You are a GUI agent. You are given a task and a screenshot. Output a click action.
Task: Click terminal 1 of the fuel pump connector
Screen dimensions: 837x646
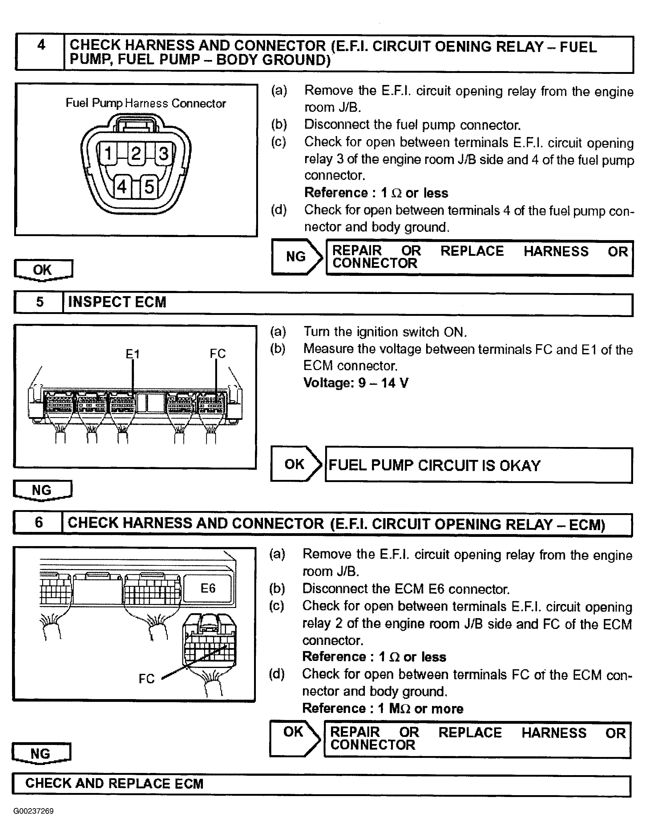[108, 153]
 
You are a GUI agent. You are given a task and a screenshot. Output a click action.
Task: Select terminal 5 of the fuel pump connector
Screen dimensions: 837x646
[149, 187]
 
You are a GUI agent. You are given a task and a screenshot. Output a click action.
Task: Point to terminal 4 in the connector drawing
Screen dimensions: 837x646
[122, 187]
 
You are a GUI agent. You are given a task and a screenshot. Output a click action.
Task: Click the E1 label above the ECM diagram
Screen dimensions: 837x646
[133, 354]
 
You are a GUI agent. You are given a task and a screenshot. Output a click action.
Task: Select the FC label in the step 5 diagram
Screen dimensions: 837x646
[217, 353]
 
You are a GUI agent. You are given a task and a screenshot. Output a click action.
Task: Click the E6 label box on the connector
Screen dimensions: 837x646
[208, 588]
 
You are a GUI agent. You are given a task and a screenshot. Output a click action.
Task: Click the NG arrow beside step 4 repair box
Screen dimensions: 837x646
[296, 256]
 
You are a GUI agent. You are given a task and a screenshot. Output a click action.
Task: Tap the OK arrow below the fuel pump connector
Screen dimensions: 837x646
[42, 270]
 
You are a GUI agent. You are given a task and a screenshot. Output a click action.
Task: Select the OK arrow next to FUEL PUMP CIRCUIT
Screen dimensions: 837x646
[295, 464]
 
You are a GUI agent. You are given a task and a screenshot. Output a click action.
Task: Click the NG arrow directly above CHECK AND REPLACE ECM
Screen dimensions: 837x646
[41, 754]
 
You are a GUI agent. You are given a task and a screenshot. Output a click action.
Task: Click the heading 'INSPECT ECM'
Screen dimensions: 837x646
[117, 302]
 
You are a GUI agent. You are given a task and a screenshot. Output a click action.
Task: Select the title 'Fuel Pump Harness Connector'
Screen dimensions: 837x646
[146, 103]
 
